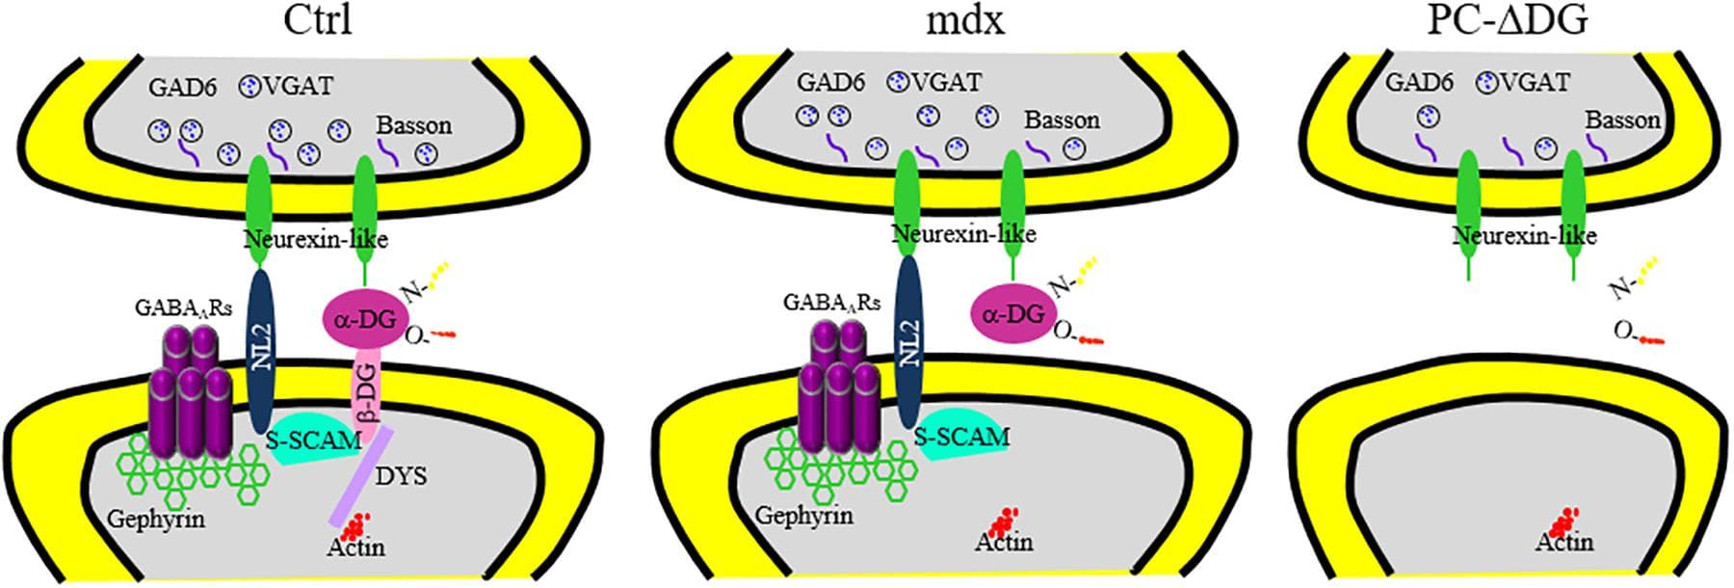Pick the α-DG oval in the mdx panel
[1012, 313]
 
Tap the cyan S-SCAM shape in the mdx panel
[959, 439]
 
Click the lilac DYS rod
[359, 476]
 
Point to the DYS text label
[401, 475]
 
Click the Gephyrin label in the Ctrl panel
[156, 519]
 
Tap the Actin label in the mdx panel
[1004, 543]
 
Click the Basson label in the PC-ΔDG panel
[1623, 120]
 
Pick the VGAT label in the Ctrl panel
[298, 86]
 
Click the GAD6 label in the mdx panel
[829, 83]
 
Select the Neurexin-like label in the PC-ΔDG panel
[1524, 235]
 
